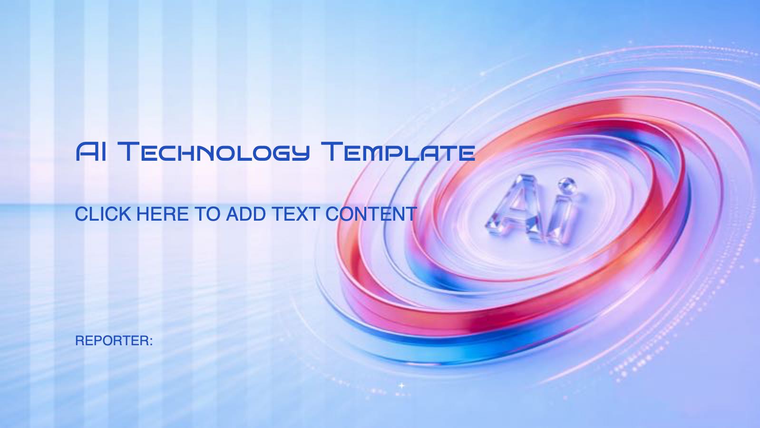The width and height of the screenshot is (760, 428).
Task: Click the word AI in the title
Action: click(x=91, y=152)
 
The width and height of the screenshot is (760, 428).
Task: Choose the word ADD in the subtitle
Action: click(x=246, y=214)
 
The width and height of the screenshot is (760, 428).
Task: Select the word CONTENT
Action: click(x=371, y=214)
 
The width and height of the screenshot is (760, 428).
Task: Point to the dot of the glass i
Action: click(x=566, y=185)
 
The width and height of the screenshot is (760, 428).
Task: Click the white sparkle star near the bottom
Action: click(x=401, y=385)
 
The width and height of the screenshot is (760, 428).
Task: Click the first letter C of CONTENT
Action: click(x=333, y=214)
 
